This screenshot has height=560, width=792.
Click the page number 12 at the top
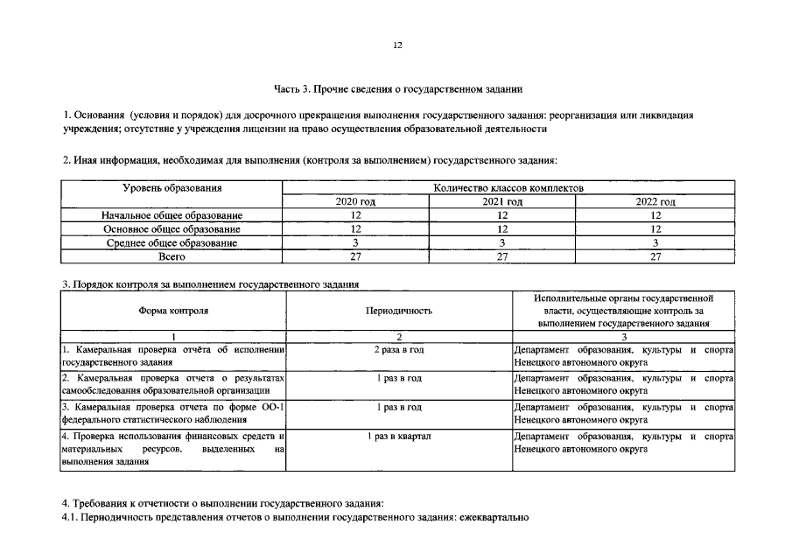coord(397,46)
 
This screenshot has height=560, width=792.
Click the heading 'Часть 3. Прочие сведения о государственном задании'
coord(397,88)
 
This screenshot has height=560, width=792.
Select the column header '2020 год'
coord(355,201)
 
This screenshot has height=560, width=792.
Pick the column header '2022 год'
coord(655,201)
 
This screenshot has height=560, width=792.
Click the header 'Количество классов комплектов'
coord(508,188)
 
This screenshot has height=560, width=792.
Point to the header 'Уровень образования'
coord(172,188)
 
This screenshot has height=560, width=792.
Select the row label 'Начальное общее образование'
coord(172,215)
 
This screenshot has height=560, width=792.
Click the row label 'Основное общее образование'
coord(172,229)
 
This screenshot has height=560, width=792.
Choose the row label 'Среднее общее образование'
coord(172,243)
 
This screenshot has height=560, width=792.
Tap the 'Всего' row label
coord(172,256)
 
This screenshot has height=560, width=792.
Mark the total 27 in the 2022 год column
coord(655,256)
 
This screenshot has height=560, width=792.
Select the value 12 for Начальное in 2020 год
coord(355,215)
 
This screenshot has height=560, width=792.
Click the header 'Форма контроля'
coord(173,311)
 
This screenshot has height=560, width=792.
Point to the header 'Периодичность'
coord(399,311)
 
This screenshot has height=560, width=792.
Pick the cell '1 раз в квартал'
coord(399,436)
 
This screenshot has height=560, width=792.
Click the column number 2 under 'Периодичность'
coord(399,336)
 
